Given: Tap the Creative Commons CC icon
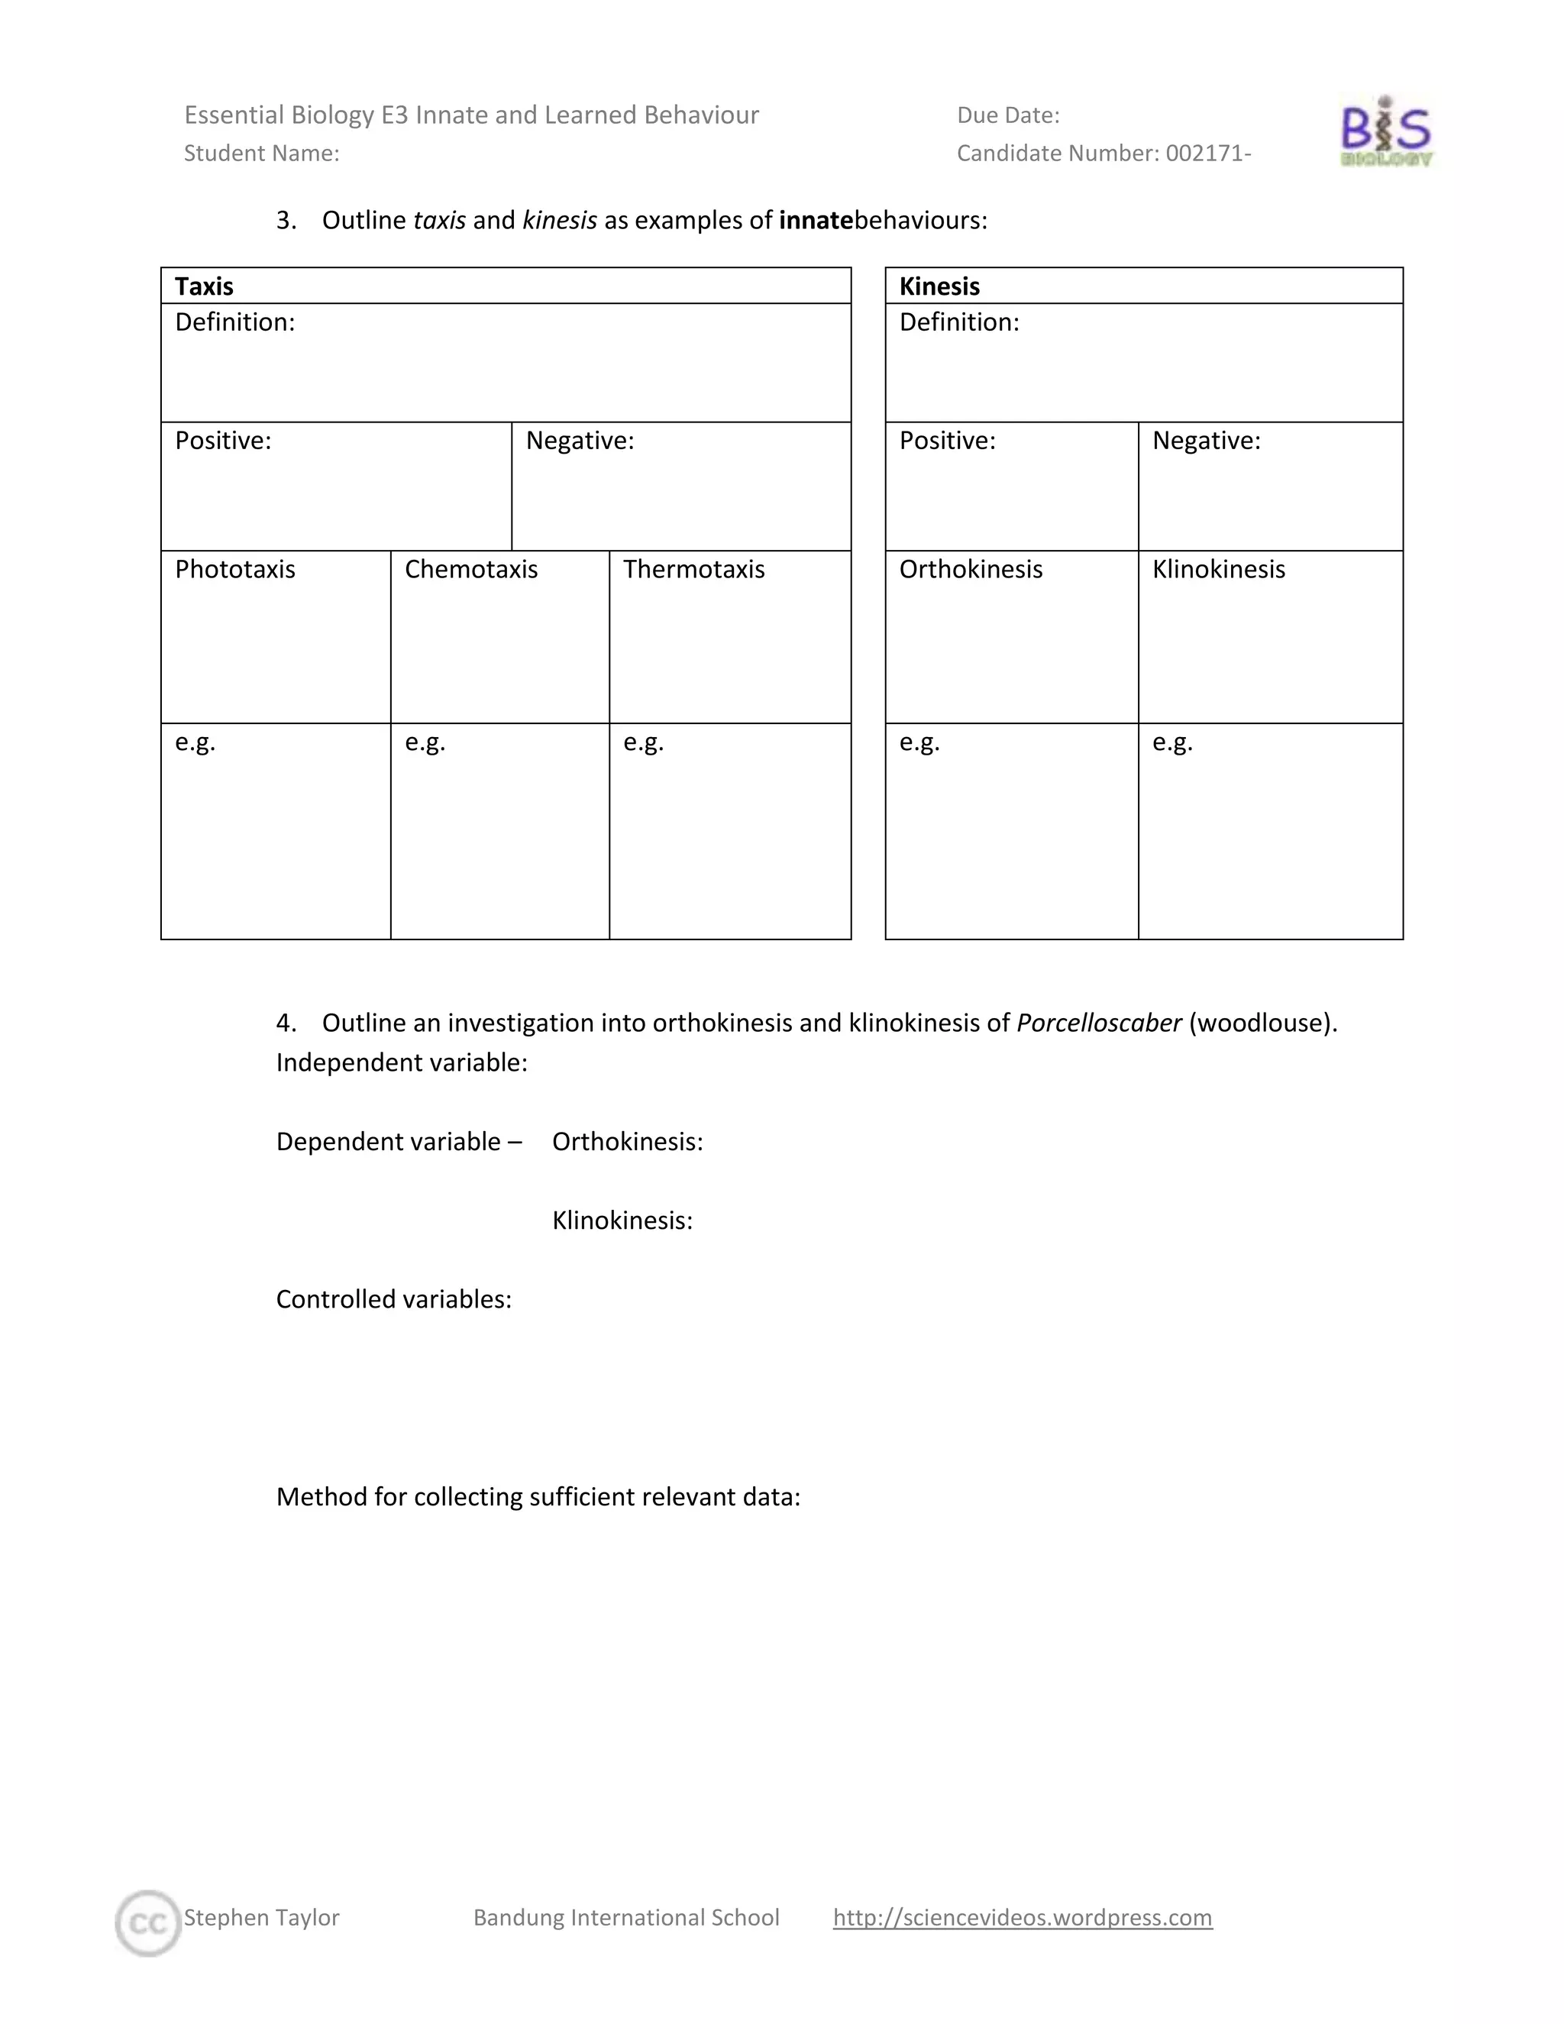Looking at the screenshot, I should pos(147,1924).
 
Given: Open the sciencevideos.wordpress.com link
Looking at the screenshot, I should pos(1022,1916).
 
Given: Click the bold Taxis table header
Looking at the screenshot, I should pos(204,286).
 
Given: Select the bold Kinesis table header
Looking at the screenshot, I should pos(939,286).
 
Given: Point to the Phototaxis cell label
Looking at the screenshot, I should pos(235,569).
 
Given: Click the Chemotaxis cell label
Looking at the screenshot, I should pos(470,569).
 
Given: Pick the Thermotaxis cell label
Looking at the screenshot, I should pos(694,569).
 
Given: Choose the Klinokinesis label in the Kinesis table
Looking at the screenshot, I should pos(1218,569).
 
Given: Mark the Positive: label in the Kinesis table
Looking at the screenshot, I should pos(947,441).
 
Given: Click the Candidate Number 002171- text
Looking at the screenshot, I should pos(1104,153).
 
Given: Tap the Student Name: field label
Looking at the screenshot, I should pos(261,153).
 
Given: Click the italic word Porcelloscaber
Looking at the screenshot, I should pos(1099,1023).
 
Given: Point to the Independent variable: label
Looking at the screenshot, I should pos(401,1063).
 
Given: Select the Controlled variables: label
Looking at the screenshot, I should pos(394,1299).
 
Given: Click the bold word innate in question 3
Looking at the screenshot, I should pos(816,221).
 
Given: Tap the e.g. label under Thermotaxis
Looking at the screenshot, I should pos(643,742).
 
